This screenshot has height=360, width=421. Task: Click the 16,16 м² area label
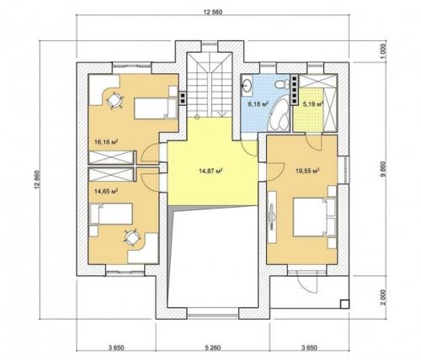click(106, 142)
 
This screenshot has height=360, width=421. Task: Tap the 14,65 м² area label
click(106, 192)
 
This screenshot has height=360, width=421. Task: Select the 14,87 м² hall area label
click(210, 171)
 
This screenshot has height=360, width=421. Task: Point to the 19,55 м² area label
click(308, 171)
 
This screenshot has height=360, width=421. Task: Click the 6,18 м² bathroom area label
click(258, 104)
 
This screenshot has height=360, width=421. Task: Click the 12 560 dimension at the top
click(213, 12)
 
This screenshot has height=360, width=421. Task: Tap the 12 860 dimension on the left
click(37, 180)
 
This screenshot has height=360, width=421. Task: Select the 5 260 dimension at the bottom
click(213, 347)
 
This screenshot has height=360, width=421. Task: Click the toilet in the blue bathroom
click(282, 84)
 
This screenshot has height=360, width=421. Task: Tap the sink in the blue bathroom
click(247, 85)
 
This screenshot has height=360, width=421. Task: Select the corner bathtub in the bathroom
click(279, 114)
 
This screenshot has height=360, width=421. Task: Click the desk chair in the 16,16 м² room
click(115, 99)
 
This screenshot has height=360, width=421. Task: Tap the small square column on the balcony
click(344, 304)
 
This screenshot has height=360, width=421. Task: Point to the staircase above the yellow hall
click(210, 85)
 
